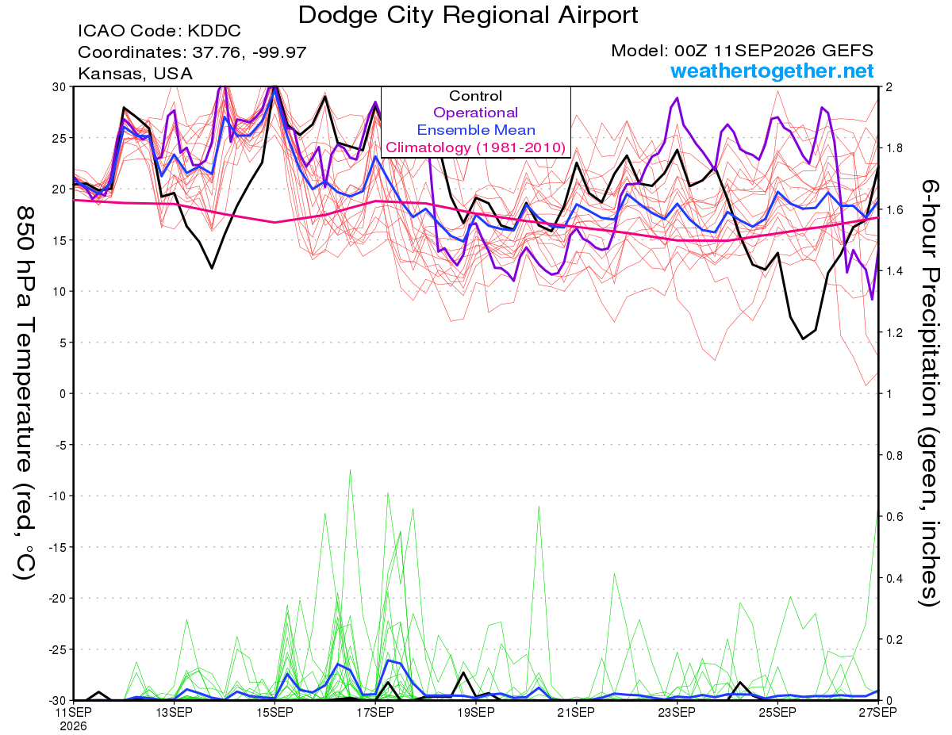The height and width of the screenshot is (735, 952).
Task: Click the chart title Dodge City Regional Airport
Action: (x=468, y=15)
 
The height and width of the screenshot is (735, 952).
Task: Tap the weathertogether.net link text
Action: (x=772, y=71)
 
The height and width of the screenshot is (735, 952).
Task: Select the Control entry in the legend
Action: (x=475, y=96)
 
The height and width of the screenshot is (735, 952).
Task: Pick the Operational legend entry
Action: (x=475, y=113)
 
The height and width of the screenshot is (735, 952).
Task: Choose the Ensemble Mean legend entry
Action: (x=476, y=130)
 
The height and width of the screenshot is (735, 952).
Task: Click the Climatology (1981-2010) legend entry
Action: (x=475, y=147)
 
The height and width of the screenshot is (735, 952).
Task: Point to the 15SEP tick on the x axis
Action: (x=274, y=712)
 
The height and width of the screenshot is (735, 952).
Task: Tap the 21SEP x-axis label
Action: (x=576, y=712)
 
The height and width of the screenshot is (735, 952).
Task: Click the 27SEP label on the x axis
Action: (x=877, y=712)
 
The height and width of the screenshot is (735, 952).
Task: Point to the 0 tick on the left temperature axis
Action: (x=63, y=393)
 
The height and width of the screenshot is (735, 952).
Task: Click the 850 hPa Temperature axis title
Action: (x=25, y=393)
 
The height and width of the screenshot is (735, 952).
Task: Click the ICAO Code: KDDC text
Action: (x=159, y=31)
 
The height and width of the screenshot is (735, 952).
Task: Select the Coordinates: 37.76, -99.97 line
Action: (x=192, y=52)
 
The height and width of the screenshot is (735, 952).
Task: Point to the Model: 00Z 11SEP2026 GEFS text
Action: (x=742, y=51)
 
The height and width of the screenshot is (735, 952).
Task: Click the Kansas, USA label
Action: (x=136, y=74)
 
